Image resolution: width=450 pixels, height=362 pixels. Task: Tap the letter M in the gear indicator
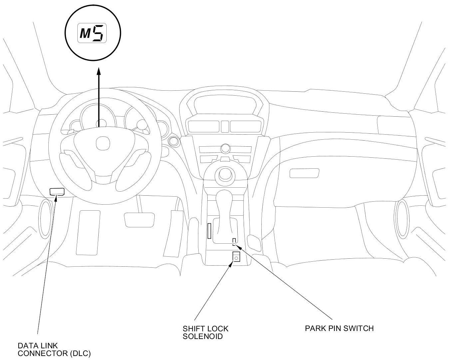pos(85,34)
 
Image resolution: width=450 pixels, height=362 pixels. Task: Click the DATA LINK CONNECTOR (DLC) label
pos(54,349)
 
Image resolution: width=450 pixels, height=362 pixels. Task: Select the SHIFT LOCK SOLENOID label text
pos(205,332)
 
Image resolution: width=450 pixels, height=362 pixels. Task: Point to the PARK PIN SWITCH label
pos(339,328)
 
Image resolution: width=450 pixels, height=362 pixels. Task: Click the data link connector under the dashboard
pos(57,191)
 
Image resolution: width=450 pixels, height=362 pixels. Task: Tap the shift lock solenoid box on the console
pos(236,257)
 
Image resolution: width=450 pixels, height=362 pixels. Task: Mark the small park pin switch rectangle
pos(234,241)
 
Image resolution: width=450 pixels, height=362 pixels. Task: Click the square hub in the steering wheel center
pos(102,144)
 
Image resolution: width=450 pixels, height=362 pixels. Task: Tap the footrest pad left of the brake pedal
pos(88,232)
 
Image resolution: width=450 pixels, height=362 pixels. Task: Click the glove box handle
pos(304,173)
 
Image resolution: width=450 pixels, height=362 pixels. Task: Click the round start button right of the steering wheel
pos(173,141)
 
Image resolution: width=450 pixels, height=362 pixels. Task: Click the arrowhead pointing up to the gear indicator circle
pos(99,71)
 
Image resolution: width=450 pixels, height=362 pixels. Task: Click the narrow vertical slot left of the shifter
pos(209,231)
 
